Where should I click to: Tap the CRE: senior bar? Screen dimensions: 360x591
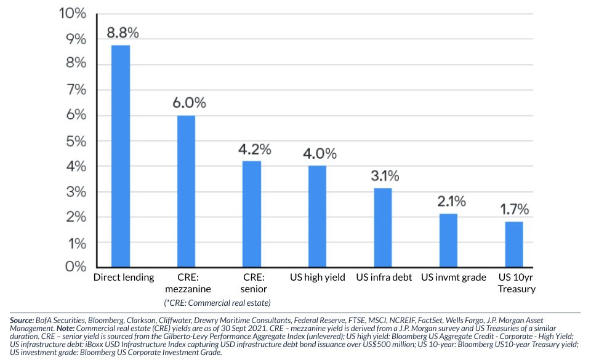pyautogui.click(x=251, y=214)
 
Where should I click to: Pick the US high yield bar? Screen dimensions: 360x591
pyautogui.click(x=317, y=216)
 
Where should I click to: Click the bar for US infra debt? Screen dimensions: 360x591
pyautogui.click(x=382, y=227)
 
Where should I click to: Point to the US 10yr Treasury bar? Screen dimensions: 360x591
pyautogui.click(x=514, y=244)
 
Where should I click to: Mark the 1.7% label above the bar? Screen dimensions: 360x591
pyautogui.click(x=514, y=209)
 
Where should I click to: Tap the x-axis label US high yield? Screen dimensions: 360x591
pyautogui.click(x=318, y=278)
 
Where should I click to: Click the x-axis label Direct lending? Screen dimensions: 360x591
pyautogui.click(x=124, y=278)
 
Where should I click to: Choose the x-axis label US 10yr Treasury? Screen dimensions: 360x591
pyautogui.click(x=517, y=283)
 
